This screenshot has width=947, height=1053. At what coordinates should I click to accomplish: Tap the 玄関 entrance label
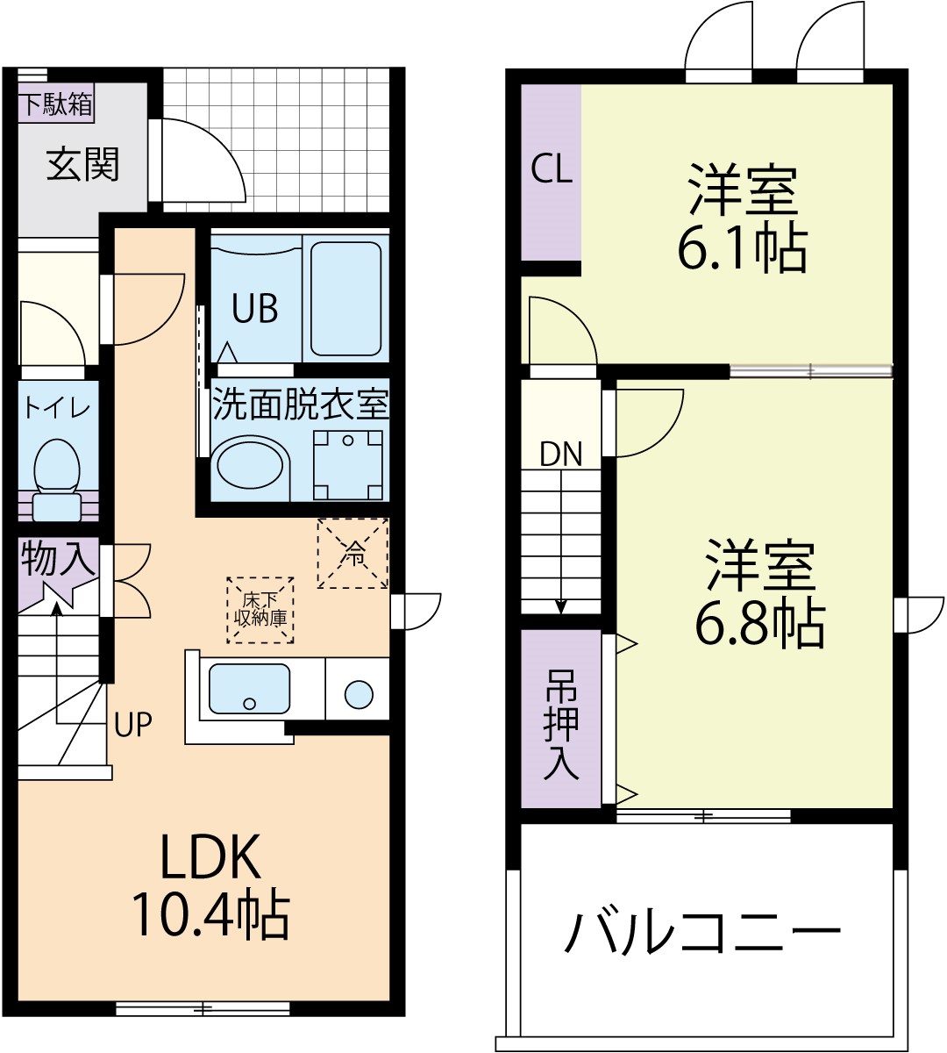tap(82, 164)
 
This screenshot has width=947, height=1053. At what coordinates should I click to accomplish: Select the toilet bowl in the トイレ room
tap(57, 465)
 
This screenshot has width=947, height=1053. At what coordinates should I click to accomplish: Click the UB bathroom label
tap(255, 309)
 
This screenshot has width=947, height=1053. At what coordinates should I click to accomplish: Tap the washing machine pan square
tap(349, 464)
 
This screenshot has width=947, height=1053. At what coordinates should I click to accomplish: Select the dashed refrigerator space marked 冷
tap(352, 553)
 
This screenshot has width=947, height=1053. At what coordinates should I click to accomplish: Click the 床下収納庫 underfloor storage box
tap(260, 610)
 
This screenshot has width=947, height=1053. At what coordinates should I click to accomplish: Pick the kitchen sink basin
tap(249, 688)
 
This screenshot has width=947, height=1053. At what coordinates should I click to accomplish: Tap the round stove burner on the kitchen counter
tap(359, 694)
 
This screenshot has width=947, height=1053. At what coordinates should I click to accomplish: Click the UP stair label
tap(133, 725)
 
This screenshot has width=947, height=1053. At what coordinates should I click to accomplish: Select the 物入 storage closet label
tap(57, 559)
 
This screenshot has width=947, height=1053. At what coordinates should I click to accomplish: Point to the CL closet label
tap(552, 168)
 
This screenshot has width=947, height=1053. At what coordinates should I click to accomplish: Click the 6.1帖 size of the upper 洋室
tap(742, 251)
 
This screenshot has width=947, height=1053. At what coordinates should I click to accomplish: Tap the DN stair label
tap(561, 454)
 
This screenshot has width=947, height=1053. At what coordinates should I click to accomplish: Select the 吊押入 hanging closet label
tap(561, 725)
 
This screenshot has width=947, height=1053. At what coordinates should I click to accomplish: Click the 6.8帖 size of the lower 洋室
tap(759, 624)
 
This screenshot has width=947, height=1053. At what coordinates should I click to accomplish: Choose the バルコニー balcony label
tap(701, 932)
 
